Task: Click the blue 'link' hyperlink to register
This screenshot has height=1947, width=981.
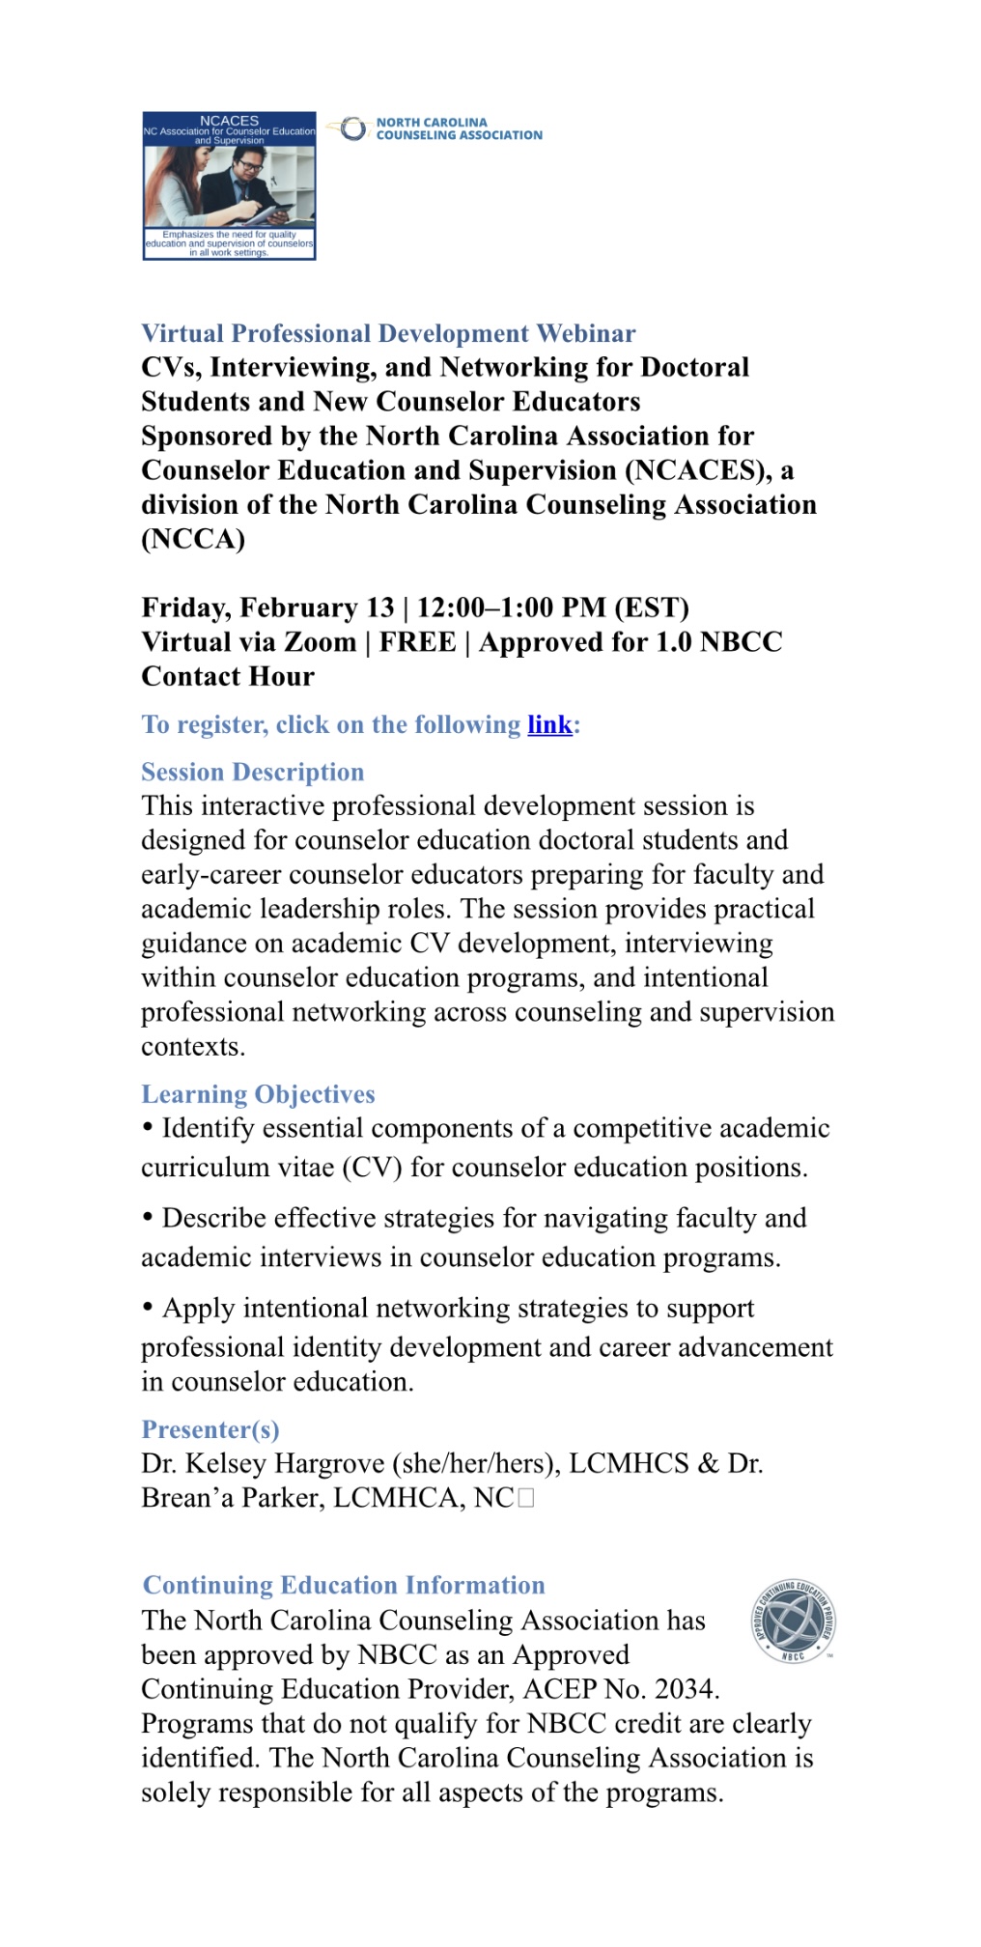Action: click(x=549, y=724)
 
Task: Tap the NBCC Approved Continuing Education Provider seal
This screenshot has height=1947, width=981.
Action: click(x=794, y=1622)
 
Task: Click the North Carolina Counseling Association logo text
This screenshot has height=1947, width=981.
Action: click(x=459, y=129)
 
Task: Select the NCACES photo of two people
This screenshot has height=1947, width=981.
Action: click(x=229, y=187)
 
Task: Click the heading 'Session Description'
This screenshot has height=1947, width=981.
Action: click(x=253, y=772)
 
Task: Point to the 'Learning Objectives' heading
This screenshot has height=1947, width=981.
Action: click(x=258, y=1094)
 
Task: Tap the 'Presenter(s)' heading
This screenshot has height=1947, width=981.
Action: click(x=210, y=1429)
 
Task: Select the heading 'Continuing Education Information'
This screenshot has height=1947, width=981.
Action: click(x=344, y=1585)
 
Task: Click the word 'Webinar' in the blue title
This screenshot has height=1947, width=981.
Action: click(x=586, y=333)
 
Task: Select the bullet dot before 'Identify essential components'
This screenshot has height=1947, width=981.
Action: click(x=148, y=1127)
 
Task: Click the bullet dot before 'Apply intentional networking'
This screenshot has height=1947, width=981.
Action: click(x=148, y=1307)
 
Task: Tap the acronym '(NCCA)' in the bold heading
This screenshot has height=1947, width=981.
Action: click(x=193, y=539)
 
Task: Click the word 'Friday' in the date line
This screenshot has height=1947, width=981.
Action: click(x=185, y=607)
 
